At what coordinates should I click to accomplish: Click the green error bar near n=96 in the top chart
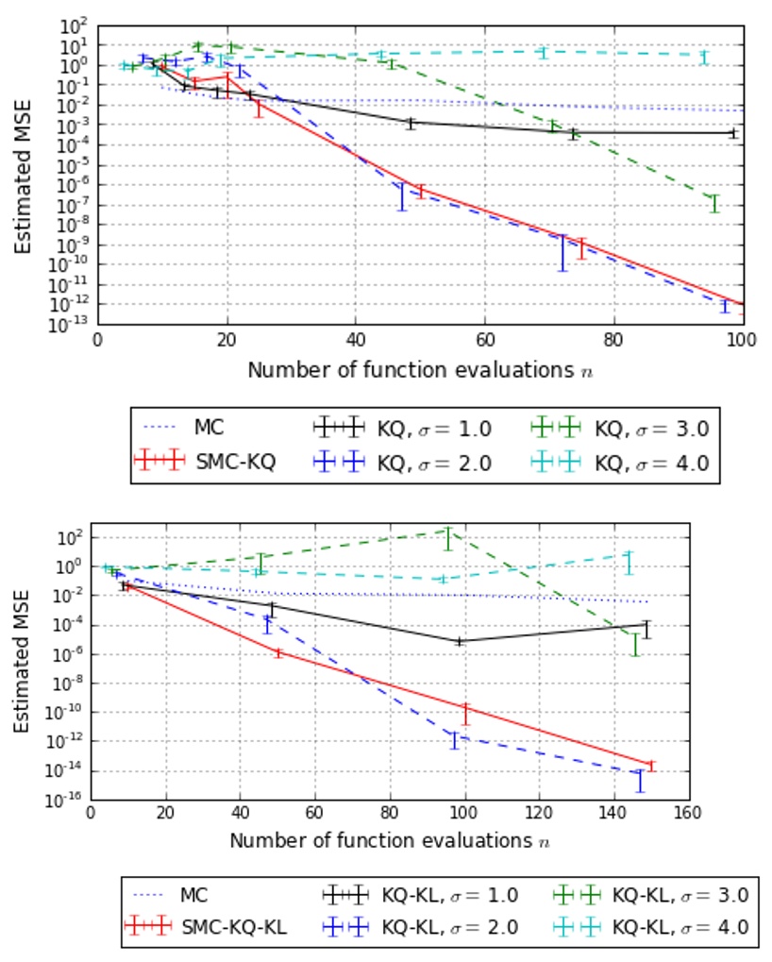tap(714, 203)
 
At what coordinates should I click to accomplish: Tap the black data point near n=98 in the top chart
tap(732, 133)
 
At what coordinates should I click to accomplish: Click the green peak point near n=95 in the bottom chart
tap(448, 532)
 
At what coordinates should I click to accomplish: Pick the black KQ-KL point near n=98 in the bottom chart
tap(460, 641)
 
